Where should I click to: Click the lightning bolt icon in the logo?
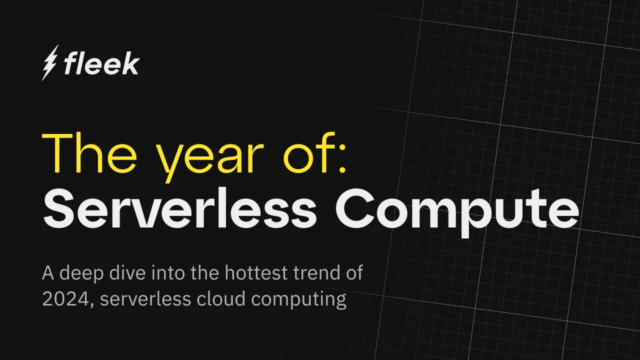coord(50,62)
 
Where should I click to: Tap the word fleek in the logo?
coord(101,64)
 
